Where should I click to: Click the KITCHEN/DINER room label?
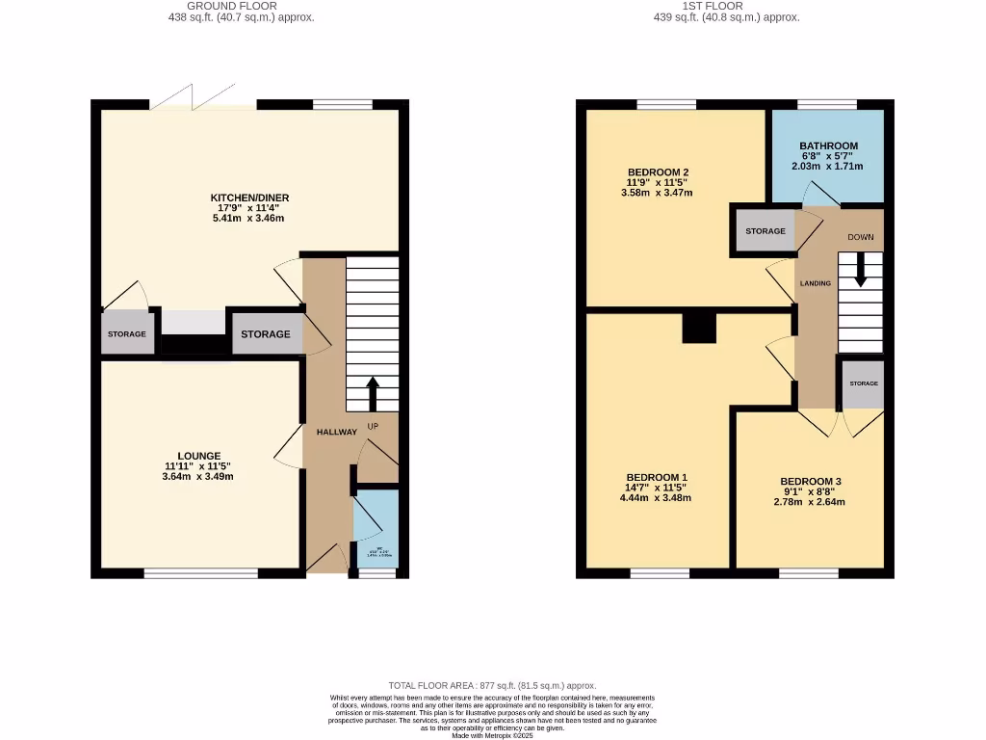tap(249, 198)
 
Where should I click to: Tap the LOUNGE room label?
tap(198, 456)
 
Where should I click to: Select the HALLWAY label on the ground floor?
tap(336, 432)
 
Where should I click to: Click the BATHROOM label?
tap(827, 146)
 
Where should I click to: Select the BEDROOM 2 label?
tap(658, 172)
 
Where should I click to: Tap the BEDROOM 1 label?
tap(656, 478)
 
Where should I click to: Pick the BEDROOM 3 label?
tap(811, 482)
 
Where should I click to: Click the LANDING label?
tap(815, 283)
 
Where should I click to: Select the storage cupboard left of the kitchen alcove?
tap(127, 333)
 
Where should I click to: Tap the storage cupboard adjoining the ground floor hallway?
tap(266, 334)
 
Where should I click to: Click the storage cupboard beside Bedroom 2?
tap(765, 231)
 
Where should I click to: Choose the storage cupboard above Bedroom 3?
tap(863, 383)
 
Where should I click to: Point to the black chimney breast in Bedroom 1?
tap(700, 329)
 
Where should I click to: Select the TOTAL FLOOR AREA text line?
tap(492, 684)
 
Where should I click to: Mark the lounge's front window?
tap(201, 573)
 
